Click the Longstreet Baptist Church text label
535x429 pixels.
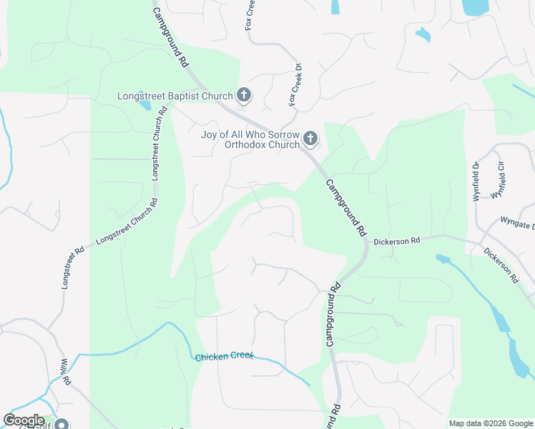click(x=176, y=96)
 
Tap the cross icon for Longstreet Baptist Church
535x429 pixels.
click(x=244, y=95)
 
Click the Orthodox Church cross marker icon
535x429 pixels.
click(x=310, y=137)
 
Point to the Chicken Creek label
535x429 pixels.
click(x=225, y=356)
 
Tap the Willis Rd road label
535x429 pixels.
click(x=65, y=372)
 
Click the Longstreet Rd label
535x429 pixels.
click(x=73, y=267)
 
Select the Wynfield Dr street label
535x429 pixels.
click(x=476, y=182)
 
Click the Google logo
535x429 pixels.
click(x=24, y=420)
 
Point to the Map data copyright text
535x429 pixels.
click(x=491, y=423)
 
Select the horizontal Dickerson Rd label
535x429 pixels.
click(x=396, y=242)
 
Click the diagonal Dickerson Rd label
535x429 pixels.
click(x=501, y=265)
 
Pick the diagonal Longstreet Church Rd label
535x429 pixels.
click(x=127, y=226)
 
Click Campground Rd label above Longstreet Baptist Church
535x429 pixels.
click(x=171, y=37)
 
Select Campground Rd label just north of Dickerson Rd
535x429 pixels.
click(x=346, y=208)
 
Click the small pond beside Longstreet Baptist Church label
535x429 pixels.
click(x=146, y=106)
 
